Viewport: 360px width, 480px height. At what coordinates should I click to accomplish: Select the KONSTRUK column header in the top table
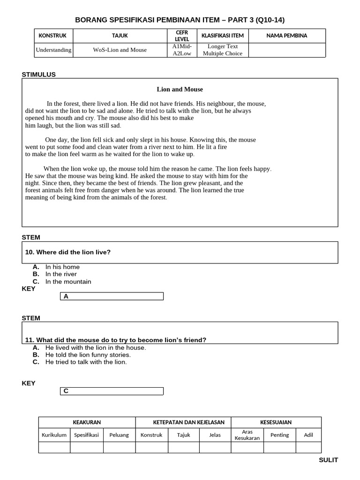52,36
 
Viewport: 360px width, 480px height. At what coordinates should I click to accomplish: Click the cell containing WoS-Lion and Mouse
120,50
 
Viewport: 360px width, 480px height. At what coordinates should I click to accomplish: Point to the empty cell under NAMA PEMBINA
286,50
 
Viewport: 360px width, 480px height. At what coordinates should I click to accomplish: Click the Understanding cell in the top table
53,50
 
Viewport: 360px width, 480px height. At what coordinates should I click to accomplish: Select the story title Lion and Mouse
180,89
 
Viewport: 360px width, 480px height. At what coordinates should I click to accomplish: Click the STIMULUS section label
39,74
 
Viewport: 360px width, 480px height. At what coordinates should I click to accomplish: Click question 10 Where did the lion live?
68,252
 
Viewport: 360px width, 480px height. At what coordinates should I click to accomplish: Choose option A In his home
62,267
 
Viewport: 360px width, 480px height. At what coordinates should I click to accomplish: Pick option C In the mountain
68,282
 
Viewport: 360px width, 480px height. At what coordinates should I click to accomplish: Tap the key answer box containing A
112,296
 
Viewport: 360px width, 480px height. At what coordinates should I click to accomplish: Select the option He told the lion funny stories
88,355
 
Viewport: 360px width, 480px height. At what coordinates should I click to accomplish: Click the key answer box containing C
112,391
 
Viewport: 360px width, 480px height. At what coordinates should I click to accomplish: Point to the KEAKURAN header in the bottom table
87,422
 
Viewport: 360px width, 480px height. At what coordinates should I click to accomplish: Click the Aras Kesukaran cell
247,435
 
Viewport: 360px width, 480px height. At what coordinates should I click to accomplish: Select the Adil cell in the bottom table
308,435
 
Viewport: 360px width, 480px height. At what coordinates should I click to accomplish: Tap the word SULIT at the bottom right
328,460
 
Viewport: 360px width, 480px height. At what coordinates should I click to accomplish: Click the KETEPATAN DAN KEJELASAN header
183,422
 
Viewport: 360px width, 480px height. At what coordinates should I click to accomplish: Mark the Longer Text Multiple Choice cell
223,50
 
